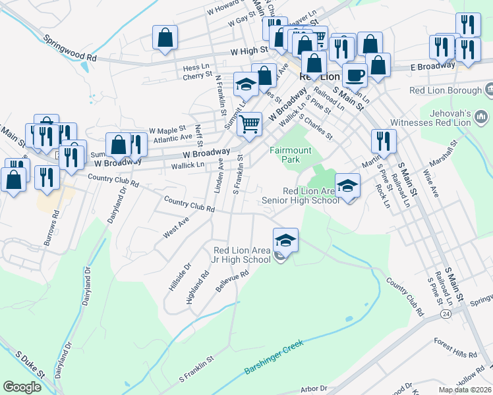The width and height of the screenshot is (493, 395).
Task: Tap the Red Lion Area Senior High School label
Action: click(300, 196)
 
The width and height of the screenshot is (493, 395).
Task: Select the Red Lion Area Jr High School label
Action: click(242, 255)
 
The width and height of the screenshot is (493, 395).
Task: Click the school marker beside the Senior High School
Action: click(347, 186)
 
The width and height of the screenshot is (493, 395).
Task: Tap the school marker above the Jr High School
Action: click(285, 241)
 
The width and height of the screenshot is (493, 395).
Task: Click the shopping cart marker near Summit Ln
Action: click(249, 124)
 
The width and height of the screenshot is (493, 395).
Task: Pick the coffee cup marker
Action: click(355, 76)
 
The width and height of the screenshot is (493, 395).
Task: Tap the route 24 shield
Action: click(447, 315)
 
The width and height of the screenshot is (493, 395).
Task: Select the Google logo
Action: click(22, 387)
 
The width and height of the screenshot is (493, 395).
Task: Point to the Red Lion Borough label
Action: click(446, 90)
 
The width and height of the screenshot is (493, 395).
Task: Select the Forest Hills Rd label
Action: click(455, 348)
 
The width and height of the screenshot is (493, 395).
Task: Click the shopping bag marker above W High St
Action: click(165, 38)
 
